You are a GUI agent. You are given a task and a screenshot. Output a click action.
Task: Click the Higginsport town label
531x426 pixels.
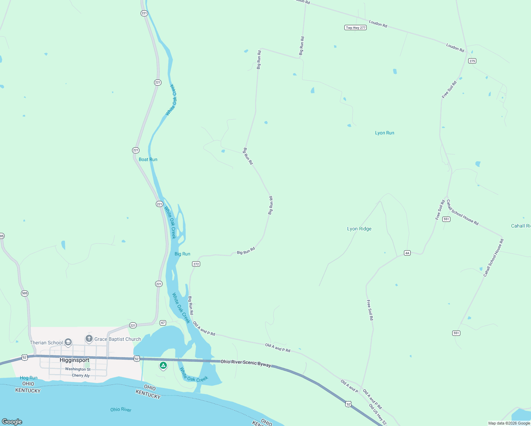coord(75,360)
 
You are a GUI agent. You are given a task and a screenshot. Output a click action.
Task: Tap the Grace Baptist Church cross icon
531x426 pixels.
coord(89,339)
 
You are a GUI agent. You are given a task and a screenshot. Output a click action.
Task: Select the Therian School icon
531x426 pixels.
coord(68,343)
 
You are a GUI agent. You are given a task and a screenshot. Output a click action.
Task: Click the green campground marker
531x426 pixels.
coord(163,365)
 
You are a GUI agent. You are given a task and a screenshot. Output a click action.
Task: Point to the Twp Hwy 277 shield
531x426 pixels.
coord(355,28)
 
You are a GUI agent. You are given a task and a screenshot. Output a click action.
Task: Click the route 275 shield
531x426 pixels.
coord(472,61)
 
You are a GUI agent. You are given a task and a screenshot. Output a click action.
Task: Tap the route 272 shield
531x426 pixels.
coord(196,264)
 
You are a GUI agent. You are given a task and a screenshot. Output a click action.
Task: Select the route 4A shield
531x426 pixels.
coord(407,253)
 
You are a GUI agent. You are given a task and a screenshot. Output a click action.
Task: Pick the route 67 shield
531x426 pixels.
coord(163,323)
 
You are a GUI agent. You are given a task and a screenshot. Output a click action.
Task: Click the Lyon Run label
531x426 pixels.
coord(384,133)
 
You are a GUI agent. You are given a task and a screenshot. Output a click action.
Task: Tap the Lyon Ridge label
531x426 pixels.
coord(359,229)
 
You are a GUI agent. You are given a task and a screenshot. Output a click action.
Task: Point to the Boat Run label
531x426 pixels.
coord(148,159)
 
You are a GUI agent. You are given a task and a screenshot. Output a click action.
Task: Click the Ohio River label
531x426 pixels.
coord(121,410)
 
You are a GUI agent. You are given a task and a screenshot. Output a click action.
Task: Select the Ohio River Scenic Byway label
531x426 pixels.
coord(246,363)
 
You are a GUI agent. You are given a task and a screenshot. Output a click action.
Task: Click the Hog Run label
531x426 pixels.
coord(29,378)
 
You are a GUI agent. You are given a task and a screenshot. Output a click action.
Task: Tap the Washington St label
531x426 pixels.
coord(78,369)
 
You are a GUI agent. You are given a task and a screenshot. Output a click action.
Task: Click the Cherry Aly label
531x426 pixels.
coord(81,375)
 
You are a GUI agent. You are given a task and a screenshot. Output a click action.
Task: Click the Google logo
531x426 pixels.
coord(12,422)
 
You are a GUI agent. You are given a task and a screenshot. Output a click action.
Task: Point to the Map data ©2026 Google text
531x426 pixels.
coord(509,423)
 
